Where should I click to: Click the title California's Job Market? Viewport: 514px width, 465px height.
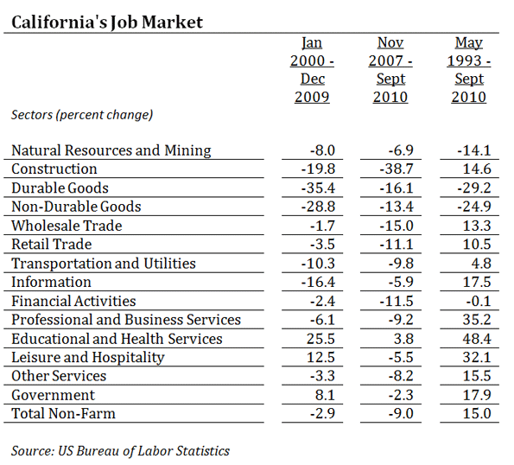pos(107,22)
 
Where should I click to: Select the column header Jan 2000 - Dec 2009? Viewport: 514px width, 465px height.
pos(312,69)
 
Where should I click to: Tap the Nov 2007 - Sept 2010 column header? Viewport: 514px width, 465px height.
pos(390,69)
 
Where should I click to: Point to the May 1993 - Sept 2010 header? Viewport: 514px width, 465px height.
pos(469,69)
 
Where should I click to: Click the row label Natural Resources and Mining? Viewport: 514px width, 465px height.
pos(111,150)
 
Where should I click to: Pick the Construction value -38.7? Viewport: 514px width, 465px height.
pos(397,169)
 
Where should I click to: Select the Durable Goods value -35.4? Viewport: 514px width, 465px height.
pos(318,188)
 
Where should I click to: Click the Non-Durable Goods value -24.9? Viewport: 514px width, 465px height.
pos(474,207)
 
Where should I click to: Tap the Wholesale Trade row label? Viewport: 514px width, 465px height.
pos(67,226)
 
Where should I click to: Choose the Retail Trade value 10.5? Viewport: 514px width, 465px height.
pos(477,245)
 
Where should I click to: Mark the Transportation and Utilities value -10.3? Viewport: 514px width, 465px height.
pos(318,264)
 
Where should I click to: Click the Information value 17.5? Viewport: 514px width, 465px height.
pos(477,282)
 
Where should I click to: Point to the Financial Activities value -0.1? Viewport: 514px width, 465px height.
pos(479,301)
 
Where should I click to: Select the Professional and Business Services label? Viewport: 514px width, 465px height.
pos(126,320)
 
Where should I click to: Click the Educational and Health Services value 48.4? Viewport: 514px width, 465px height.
pos(477,339)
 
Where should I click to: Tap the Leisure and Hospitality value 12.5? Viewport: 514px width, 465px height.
pos(320,357)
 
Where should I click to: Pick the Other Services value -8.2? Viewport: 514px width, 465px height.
pos(401,376)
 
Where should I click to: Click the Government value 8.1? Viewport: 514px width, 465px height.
pos(325,395)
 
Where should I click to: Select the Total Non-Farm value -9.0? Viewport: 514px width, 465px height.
pos(401,413)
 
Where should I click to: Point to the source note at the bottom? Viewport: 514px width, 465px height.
pos(120,451)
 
